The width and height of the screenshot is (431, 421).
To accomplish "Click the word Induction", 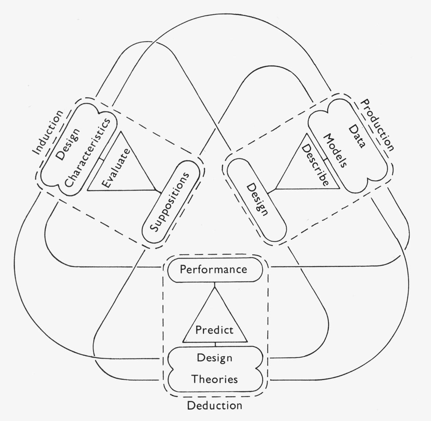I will tap(48, 132).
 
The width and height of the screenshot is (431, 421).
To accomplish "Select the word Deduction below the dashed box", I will tap(214, 405).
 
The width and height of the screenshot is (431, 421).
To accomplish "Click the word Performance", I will tap(214, 270).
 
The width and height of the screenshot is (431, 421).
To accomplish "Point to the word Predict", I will tap(214, 330).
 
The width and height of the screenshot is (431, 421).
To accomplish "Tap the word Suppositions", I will tap(170, 202).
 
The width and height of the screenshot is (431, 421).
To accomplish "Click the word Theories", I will tap(215, 379).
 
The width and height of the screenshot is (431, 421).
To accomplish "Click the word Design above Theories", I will tap(214, 358).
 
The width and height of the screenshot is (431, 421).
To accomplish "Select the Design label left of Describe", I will tap(258, 199).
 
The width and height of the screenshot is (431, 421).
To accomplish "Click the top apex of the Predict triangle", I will tap(214, 287).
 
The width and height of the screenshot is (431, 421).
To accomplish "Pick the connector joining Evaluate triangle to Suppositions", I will tap(158, 191).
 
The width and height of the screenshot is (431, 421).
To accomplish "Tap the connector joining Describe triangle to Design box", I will tap(272, 190).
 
